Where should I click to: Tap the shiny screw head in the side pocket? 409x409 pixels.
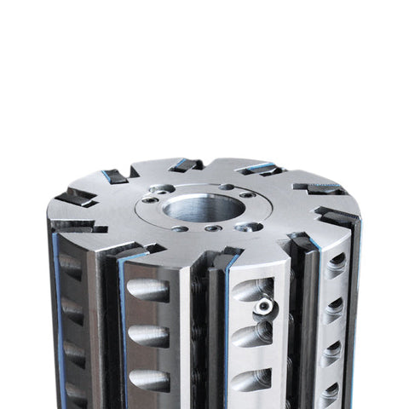266,305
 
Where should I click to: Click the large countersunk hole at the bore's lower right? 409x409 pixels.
249,227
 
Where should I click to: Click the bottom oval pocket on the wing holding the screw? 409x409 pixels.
252,376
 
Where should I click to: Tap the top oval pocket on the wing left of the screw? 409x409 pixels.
147,290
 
